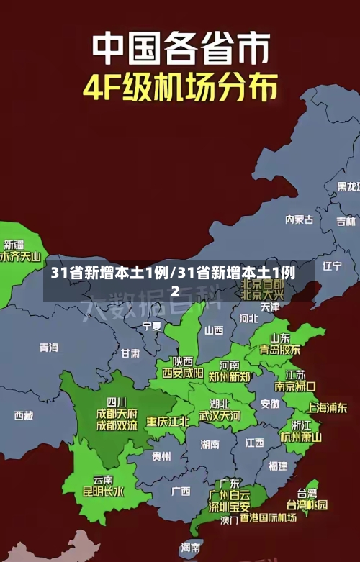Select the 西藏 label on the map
[24, 415]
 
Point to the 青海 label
[49, 348]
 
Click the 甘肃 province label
[130, 353]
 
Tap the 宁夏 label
[152, 326]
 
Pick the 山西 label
[214, 331]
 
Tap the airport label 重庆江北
[168, 421]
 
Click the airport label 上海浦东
[326, 407]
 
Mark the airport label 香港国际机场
[268, 517]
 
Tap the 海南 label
[191, 548]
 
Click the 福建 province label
[277, 466]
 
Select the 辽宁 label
[332, 266]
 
